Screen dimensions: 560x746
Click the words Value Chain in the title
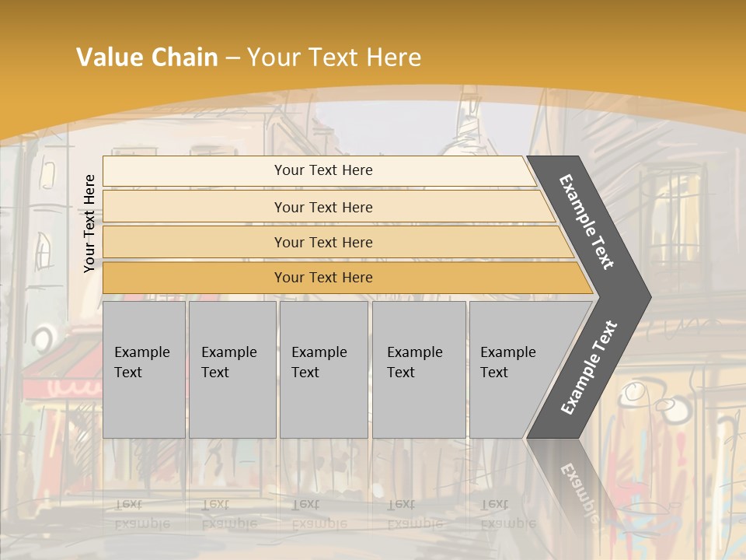tap(147, 58)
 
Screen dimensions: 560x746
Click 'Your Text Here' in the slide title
tap(334, 58)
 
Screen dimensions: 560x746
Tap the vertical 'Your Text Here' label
tap(89, 223)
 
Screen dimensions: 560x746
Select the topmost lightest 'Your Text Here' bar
tap(323, 170)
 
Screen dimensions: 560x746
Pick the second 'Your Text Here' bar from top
tap(323, 207)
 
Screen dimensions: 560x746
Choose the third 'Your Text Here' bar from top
tap(323, 242)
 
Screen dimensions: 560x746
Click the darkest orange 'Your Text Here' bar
tap(323, 278)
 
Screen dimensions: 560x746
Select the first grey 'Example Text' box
tap(144, 369)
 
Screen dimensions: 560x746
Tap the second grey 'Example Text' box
tap(232, 369)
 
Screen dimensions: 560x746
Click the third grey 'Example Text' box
tap(323, 369)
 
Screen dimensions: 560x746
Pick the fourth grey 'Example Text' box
tap(418, 369)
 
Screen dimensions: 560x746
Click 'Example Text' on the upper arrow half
tap(587, 222)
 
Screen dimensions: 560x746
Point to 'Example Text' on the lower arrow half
tap(589, 367)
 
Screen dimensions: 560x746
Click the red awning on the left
tap(58, 373)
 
